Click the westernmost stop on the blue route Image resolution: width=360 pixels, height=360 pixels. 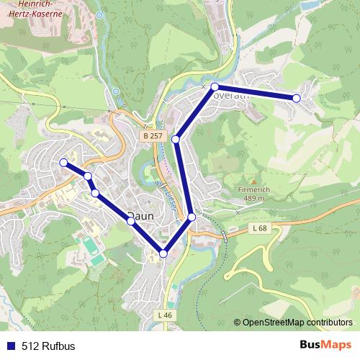63,163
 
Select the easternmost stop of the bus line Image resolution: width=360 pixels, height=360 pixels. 296,98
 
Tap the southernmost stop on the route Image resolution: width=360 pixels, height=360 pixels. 163,253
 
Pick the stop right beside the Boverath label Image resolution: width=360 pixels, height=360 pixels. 215,86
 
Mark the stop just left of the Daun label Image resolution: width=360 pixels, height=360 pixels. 130,221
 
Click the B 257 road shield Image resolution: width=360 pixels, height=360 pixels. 153,135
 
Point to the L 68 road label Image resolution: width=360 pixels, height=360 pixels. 261,229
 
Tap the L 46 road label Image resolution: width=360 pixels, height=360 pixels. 165,314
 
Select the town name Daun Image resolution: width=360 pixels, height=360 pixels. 139,215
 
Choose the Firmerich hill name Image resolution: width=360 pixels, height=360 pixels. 253,189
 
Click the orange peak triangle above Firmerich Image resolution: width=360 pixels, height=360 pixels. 253,181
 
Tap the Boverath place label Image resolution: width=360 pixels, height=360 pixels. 230,94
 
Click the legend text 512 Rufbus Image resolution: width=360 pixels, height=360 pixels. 48,346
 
